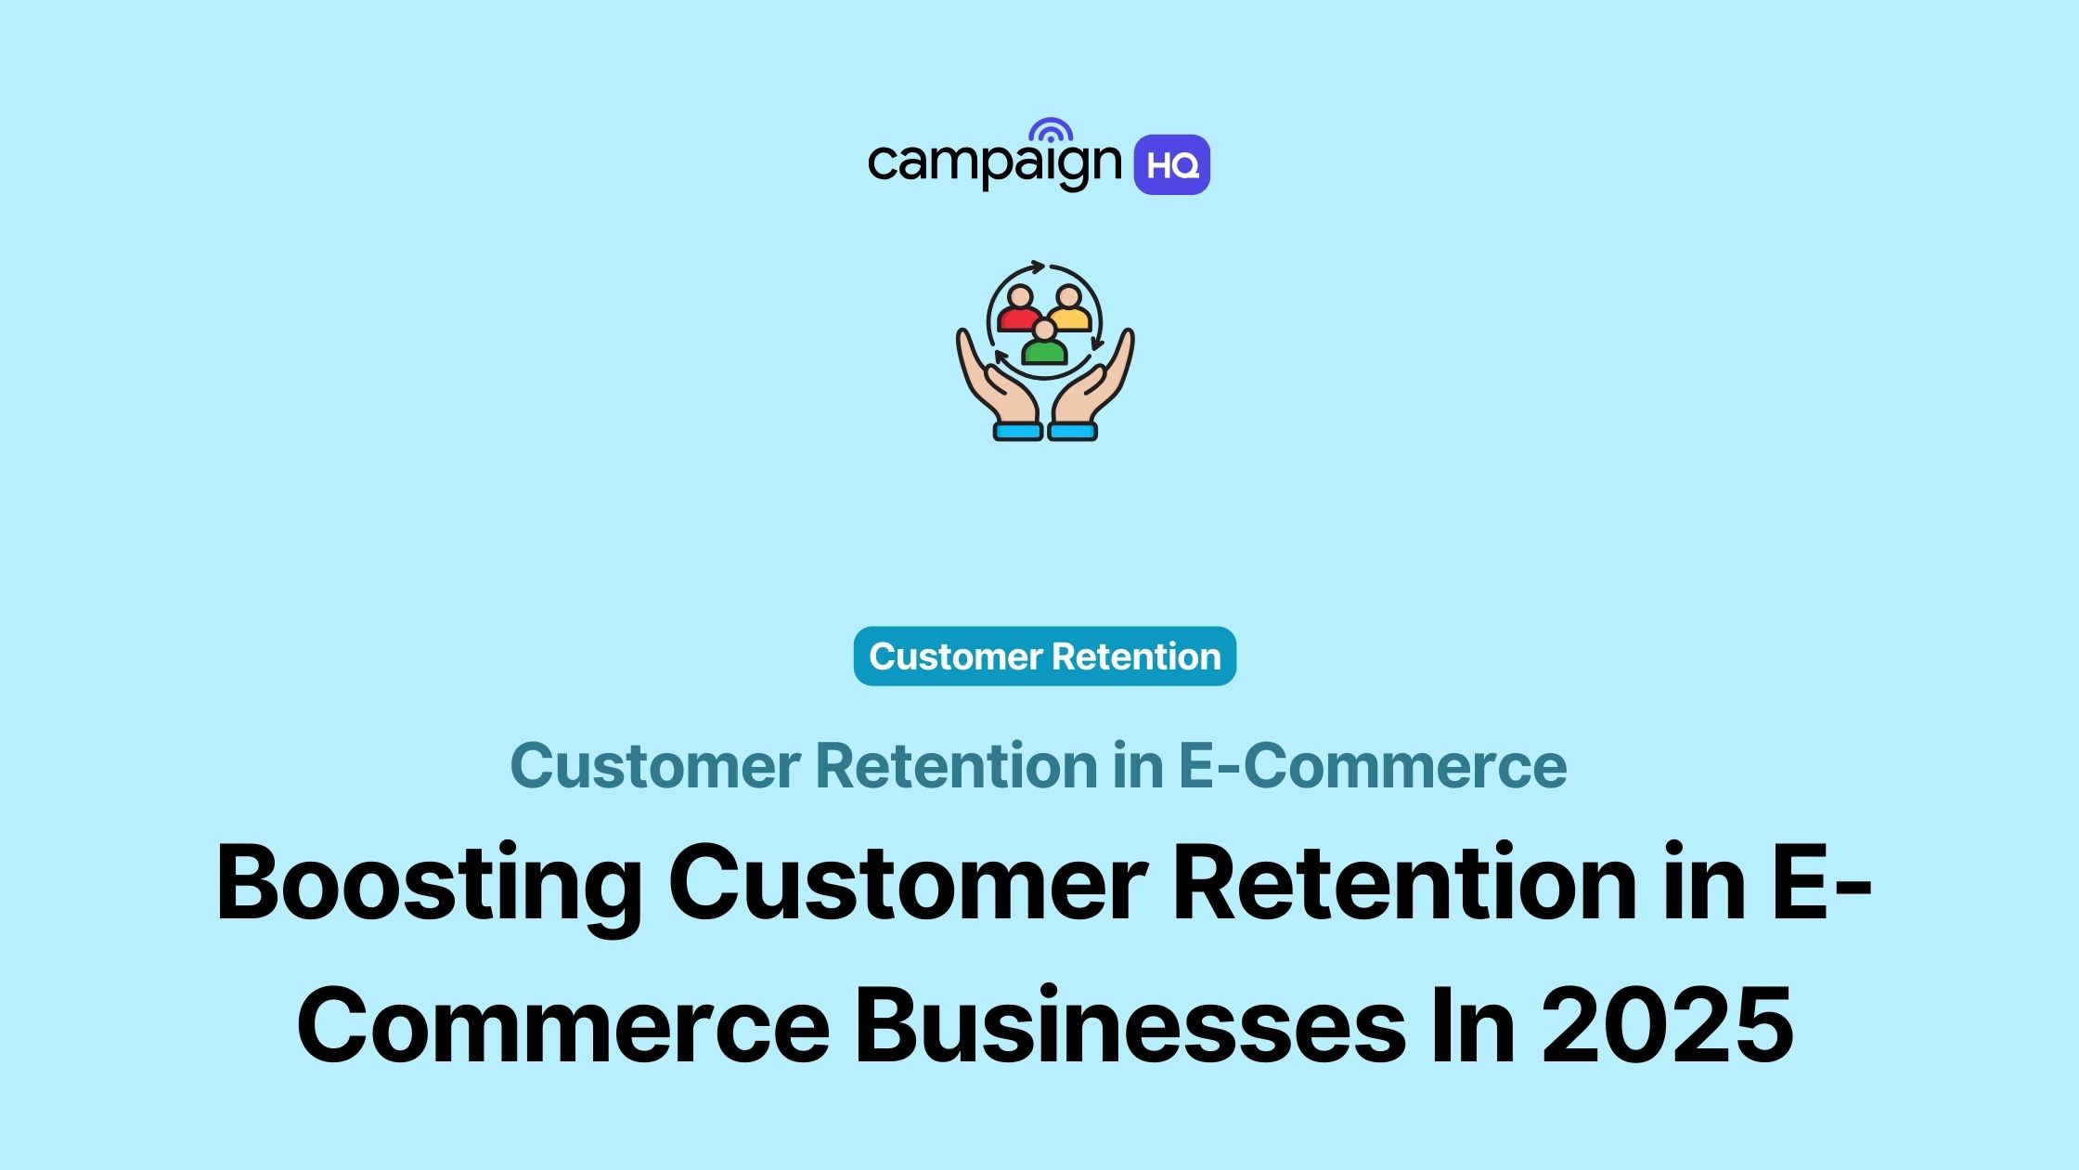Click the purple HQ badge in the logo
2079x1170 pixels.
coord(1171,165)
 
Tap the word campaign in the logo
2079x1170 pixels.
coord(994,163)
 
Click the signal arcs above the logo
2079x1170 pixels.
coord(1051,130)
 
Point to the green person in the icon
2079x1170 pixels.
coord(1044,344)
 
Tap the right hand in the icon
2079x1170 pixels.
coord(1099,381)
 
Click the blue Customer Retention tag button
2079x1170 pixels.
coord(1044,656)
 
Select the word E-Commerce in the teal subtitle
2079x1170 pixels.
coord(1372,766)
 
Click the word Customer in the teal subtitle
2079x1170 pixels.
coord(655,766)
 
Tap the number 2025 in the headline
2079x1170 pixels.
coord(1667,1026)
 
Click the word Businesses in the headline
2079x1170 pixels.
coord(1130,1026)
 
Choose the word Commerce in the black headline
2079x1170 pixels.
coord(562,1026)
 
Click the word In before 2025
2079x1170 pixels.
coord(1473,1026)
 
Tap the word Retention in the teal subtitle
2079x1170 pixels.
coord(956,766)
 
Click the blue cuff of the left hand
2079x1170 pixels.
coord(1017,432)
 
